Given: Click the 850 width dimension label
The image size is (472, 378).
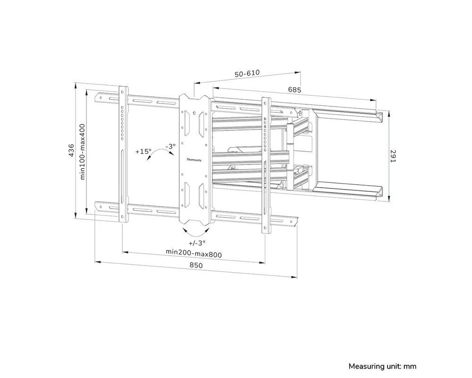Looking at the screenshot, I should (x=196, y=266).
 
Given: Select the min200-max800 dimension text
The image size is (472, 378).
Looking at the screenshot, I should (x=194, y=253).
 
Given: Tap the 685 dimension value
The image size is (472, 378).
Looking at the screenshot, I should (x=295, y=89).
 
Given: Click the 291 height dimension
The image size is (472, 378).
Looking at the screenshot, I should (x=392, y=156).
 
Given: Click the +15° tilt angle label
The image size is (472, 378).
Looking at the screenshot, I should (x=143, y=152).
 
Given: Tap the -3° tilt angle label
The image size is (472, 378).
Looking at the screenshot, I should (x=171, y=146).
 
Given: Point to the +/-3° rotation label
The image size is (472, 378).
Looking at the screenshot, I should (x=197, y=243).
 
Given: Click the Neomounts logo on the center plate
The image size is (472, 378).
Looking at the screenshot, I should (x=194, y=160).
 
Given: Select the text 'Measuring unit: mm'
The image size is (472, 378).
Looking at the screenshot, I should (x=382, y=366).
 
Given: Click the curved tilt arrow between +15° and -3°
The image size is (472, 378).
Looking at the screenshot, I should (x=158, y=153).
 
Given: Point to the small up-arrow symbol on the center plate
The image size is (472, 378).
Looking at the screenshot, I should (x=194, y=113).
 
